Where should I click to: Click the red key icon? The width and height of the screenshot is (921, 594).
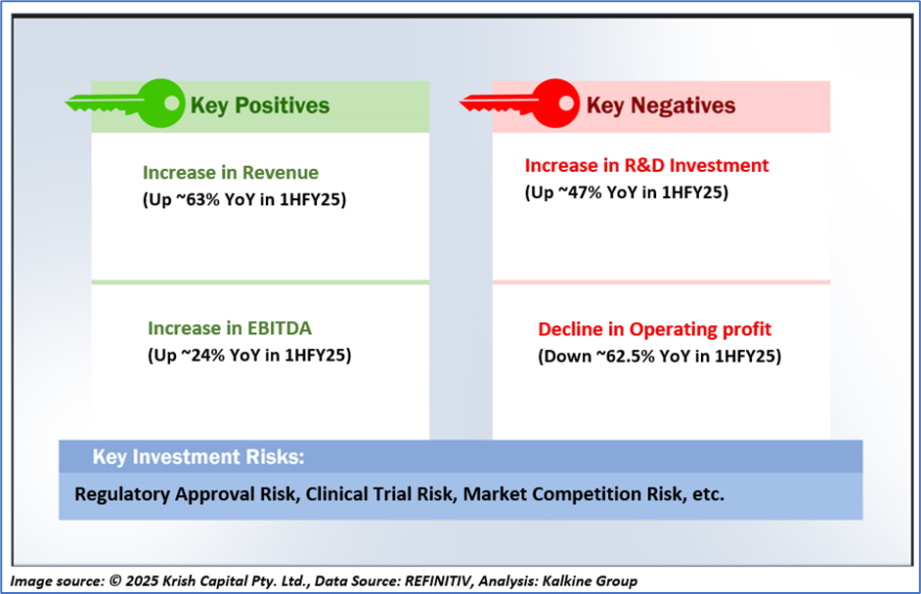(553, 104)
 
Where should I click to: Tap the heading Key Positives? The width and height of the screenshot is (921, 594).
(260, 106)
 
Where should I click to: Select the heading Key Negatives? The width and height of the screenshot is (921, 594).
(661, 106)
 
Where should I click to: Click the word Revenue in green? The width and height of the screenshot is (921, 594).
(281, 173)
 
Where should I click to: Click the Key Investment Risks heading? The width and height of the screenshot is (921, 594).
(198, 456)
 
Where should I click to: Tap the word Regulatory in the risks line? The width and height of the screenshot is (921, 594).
(122, 494)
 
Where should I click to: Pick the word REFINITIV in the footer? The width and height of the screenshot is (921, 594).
(438, 581)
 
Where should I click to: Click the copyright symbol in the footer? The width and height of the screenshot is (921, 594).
(115, 581)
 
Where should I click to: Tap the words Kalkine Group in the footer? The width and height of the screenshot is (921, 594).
(590, 581)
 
